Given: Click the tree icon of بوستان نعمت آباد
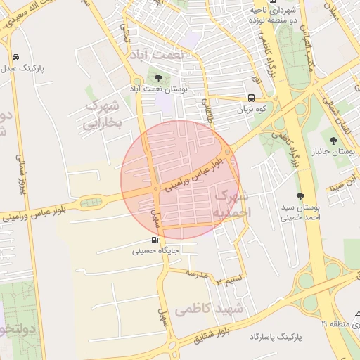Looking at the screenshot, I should pos(158,78).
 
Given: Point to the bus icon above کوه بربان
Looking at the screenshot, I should pos(252,98).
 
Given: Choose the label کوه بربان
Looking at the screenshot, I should pos(253,110).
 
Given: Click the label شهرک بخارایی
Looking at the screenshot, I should pos(103,115).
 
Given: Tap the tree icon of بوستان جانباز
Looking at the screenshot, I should pos(333,140).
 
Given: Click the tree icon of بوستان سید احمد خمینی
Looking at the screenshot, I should pos(301,197).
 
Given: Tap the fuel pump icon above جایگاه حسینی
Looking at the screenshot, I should pos(155,239).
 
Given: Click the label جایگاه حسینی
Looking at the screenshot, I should pos(161,250).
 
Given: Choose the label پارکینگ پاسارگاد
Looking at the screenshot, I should pos(275,337).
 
